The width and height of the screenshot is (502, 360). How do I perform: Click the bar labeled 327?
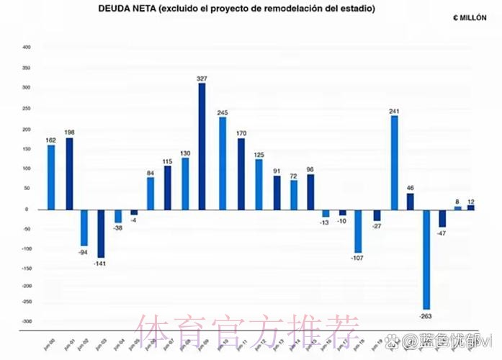(x=202, y=146)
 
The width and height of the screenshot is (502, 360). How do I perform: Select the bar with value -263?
(x=426, y=259)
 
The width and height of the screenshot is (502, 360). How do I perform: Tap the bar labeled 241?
(x=395, y=163)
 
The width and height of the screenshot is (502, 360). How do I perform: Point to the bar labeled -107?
(x=358, y=231)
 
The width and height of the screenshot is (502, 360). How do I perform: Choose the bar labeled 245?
(x=223, y=163)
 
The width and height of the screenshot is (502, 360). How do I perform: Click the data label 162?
(x=51, y=140)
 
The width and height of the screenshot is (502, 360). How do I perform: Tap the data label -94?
(x=84, y=252)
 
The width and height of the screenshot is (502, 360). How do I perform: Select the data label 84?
(x=151, y=172)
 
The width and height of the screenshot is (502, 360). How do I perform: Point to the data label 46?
(x=411, y=187)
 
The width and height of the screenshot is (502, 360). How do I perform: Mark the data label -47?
(x=442, y=233)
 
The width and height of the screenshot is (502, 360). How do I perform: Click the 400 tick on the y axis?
(x=27, y=48)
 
